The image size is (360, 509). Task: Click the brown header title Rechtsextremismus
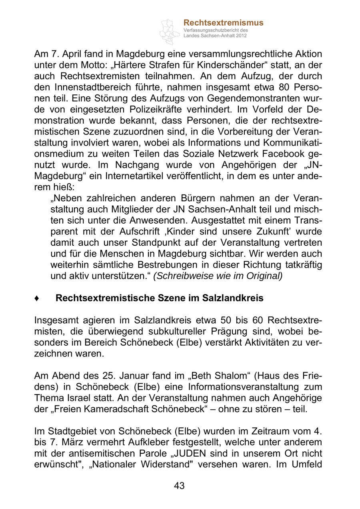click(223, 22)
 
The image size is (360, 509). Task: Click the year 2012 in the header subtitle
click(241, 36)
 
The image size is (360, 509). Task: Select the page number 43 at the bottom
click(180, 486)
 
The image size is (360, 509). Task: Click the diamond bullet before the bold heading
click(37, 299)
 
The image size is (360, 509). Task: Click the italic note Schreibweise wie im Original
click(218, 276)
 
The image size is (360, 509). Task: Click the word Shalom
click(222, 376)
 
